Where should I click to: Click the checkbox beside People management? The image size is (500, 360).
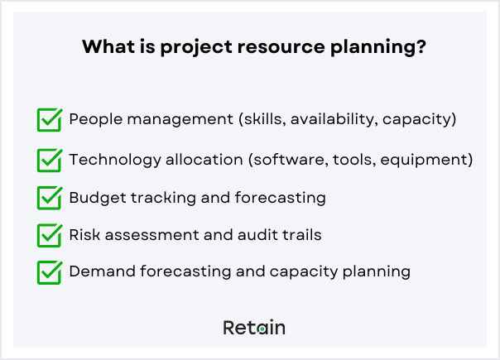tap(50, 120)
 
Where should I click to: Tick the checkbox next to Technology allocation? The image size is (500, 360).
tap(50, 159)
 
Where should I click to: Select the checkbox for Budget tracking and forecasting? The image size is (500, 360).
tap(50, 199)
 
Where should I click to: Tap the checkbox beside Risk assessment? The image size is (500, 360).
tap(50, 236)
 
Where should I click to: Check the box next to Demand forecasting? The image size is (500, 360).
tap(50, 272)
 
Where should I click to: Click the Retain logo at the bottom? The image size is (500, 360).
tap(254, 328)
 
